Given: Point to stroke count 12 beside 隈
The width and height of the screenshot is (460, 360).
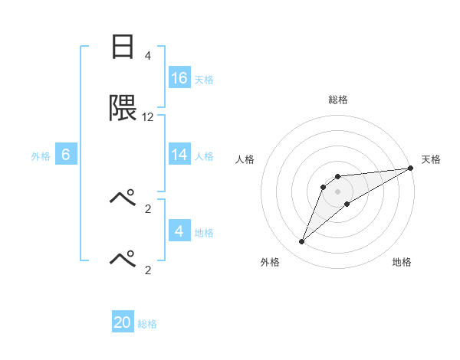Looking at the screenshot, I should click(148, 117).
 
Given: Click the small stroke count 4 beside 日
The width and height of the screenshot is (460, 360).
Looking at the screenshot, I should click(148, 56).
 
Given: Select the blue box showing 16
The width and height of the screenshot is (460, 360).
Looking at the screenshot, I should click(179, 78).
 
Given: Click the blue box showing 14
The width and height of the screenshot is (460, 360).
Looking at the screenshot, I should click(179, 155).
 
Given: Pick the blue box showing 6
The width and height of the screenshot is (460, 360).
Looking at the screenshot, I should click(66, 155).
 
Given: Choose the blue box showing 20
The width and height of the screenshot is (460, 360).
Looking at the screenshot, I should click(123, 322).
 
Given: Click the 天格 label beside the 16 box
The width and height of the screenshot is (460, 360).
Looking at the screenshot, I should click(204, 79).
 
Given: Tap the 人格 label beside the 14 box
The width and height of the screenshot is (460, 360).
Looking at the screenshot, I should click(204, 155).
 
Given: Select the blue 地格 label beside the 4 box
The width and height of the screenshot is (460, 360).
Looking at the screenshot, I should click(204, 232).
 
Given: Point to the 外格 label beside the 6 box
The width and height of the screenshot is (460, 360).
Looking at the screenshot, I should click(41, 155).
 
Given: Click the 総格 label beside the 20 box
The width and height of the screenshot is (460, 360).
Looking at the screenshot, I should click(147, 323).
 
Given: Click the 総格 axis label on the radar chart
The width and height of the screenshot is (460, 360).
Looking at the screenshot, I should click(337, 100).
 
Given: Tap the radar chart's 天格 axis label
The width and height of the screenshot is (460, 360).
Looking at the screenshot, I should click(431, 159).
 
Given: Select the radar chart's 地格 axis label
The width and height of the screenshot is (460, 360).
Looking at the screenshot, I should click(402, 262).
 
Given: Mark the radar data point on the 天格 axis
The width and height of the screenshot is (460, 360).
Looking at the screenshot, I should click(410, 168).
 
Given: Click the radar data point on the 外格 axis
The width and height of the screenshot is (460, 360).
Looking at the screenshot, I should click(302, 242).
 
